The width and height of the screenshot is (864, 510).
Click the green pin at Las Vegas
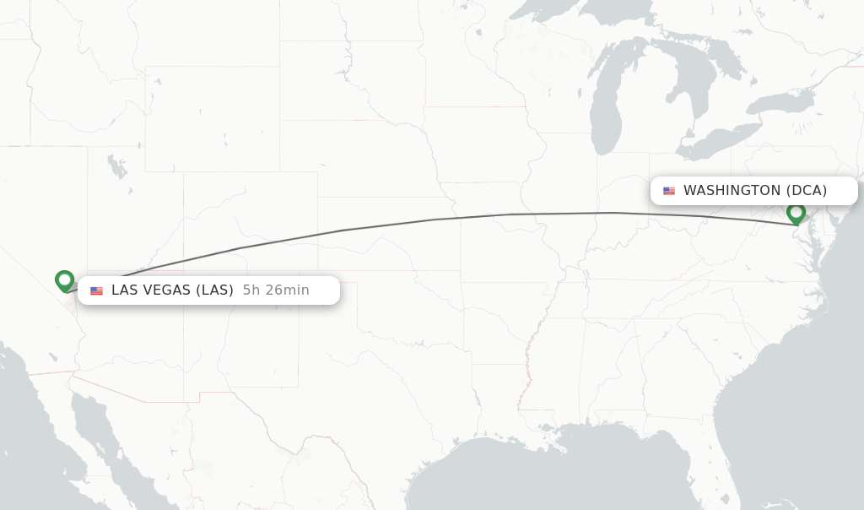64,280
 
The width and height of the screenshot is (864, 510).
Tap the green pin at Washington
796,213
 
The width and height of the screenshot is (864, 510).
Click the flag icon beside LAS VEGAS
97,290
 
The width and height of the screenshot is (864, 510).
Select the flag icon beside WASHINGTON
669,191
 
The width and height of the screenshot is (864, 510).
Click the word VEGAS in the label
170,290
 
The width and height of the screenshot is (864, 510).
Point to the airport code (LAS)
215,290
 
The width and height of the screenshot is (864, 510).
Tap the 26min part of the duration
285,290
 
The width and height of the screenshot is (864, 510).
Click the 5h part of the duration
249,290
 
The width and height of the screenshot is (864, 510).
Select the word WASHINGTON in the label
732,191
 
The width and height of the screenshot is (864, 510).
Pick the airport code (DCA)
807,191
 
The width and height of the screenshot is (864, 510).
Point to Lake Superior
591,17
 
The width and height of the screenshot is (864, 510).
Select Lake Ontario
780,103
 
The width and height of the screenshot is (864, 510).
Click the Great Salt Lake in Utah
116,167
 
